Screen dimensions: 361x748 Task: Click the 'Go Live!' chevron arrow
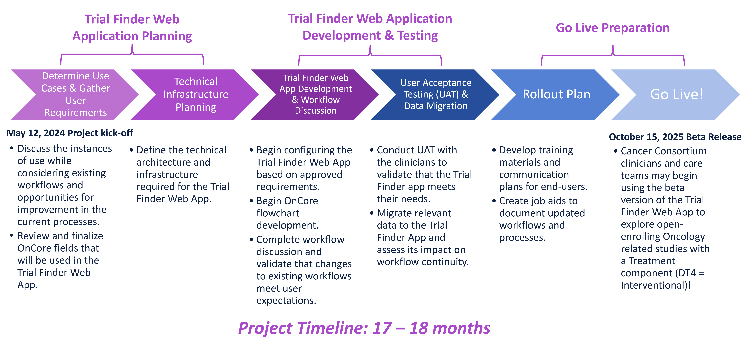point(677,94)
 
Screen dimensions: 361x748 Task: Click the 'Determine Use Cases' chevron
point(76,94)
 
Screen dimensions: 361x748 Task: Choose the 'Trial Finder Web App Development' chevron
point(316,94)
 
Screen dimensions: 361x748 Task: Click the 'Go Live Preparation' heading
point(613,28)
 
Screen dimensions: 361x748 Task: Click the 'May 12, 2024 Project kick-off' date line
point(70,133)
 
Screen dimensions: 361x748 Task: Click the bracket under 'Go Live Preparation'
point(613,55)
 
